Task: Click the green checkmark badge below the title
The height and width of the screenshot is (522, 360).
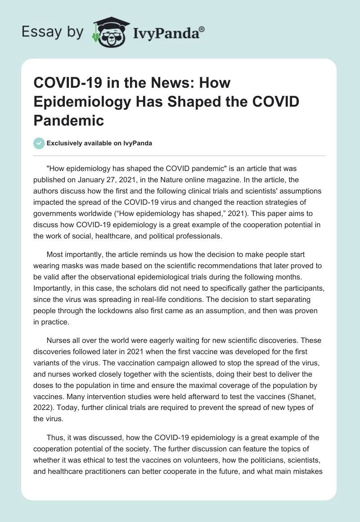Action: (x=39, y=143)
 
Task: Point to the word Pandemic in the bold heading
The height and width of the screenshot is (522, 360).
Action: (x=69, y=120)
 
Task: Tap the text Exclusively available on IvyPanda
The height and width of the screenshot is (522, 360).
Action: (x=99, y=143)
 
